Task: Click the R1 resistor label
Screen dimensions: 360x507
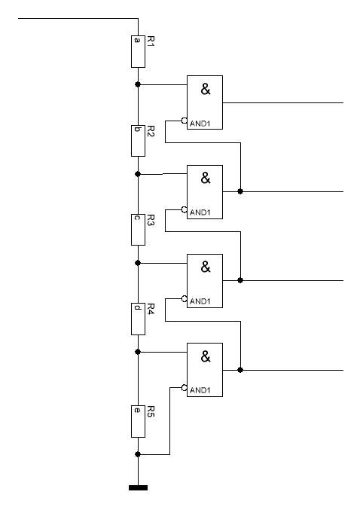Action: (151, 41)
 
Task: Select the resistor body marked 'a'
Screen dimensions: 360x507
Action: (138, 51)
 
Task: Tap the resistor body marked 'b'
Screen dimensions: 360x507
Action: (138, 141)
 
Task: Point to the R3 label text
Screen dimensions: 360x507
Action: (151, 220)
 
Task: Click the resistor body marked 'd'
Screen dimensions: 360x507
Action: (138, 319)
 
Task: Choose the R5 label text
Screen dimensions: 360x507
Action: (151, 411)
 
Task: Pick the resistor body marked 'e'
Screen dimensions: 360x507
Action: (138, 421)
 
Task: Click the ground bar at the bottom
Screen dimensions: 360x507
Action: (139, 488)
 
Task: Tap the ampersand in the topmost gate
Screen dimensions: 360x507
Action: (206, 89)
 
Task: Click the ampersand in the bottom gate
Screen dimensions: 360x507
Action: (206, 356)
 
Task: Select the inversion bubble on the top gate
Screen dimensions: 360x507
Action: (185, 121)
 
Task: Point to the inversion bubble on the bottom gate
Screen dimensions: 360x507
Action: (185, 387)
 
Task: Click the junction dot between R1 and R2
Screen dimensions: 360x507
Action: (138, 84)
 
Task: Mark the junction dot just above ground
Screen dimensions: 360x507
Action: (138, 454)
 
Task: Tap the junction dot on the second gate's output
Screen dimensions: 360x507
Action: (240, 191)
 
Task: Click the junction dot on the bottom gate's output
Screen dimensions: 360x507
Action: (240, 370)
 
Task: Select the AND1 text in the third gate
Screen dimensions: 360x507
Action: (200, 301)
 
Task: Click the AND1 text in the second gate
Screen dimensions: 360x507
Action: (200, 212)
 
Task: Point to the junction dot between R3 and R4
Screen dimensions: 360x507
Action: (138, 263)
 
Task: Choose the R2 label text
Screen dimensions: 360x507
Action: (151, 131)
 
